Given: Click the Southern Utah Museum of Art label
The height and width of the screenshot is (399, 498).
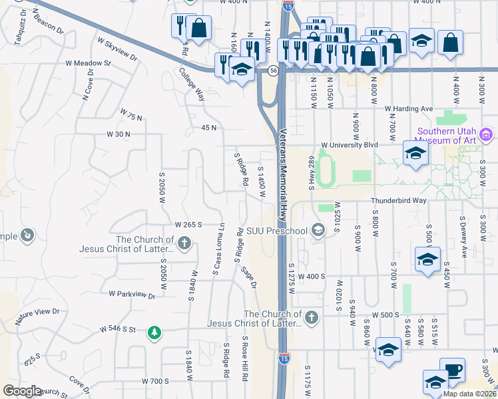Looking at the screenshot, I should [446, 135].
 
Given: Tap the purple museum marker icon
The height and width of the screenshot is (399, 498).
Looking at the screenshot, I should [486, 136].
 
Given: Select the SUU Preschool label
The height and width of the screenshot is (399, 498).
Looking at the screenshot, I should [277, 231].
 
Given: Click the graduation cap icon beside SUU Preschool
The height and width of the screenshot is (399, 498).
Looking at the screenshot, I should [318, 231].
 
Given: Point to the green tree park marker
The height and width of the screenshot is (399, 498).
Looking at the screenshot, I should [154, 331].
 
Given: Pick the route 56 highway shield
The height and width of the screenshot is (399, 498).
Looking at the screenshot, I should [273, 70].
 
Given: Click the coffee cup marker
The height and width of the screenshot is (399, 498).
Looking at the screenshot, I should [453, 370].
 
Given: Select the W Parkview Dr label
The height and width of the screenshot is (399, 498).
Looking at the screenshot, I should [132, 293].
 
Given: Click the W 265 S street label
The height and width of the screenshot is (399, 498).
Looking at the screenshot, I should [188, 225].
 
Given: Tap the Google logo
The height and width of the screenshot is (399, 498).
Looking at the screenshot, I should [22, 391].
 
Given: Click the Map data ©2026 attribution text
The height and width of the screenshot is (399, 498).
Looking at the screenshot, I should [469, 394].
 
